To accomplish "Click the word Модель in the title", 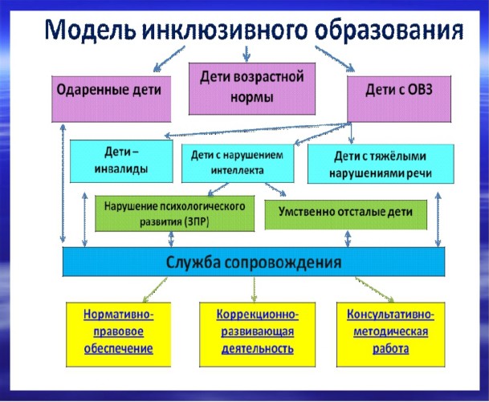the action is pyautogui.click(x=91, y=30).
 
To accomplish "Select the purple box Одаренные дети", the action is pyautogui.click(x=112, y=99).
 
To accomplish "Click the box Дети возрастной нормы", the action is pyautogui.click(x=252, y=88).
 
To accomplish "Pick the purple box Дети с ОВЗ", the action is pyautogui.click(x=399, y=99).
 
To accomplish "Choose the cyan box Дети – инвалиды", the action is pyautogui.click(x=121, y=160).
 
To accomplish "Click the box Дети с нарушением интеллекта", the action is pyautogui.click(x=238, y=163).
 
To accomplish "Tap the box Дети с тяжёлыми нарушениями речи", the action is pyautogui.click(x=381, y=164).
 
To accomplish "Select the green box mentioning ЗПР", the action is pyautogui.click(x=175, y=213).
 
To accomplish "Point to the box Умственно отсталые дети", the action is pyautogui.click(x=345, y=214).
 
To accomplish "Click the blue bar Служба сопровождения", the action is pyautogui.click(x=254, y=262).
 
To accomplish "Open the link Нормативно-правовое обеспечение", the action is pyautogui.click(x=119, y=331).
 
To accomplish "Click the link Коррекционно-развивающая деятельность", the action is pyautogui.click(x=258, y=331).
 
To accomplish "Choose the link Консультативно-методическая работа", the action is pyautogui.click(x=391, y=331).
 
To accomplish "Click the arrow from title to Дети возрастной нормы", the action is pyautogui.click(x=247, y=54).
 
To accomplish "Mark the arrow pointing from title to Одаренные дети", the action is pyautogui.click(x=169, y=59).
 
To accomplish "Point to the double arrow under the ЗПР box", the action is pyautogui.click(x=171, y=239).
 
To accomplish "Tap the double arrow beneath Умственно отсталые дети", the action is pyautogui.click(x=348, y=238).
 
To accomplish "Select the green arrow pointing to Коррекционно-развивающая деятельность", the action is pyautogui.click(x=255, y=290).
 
